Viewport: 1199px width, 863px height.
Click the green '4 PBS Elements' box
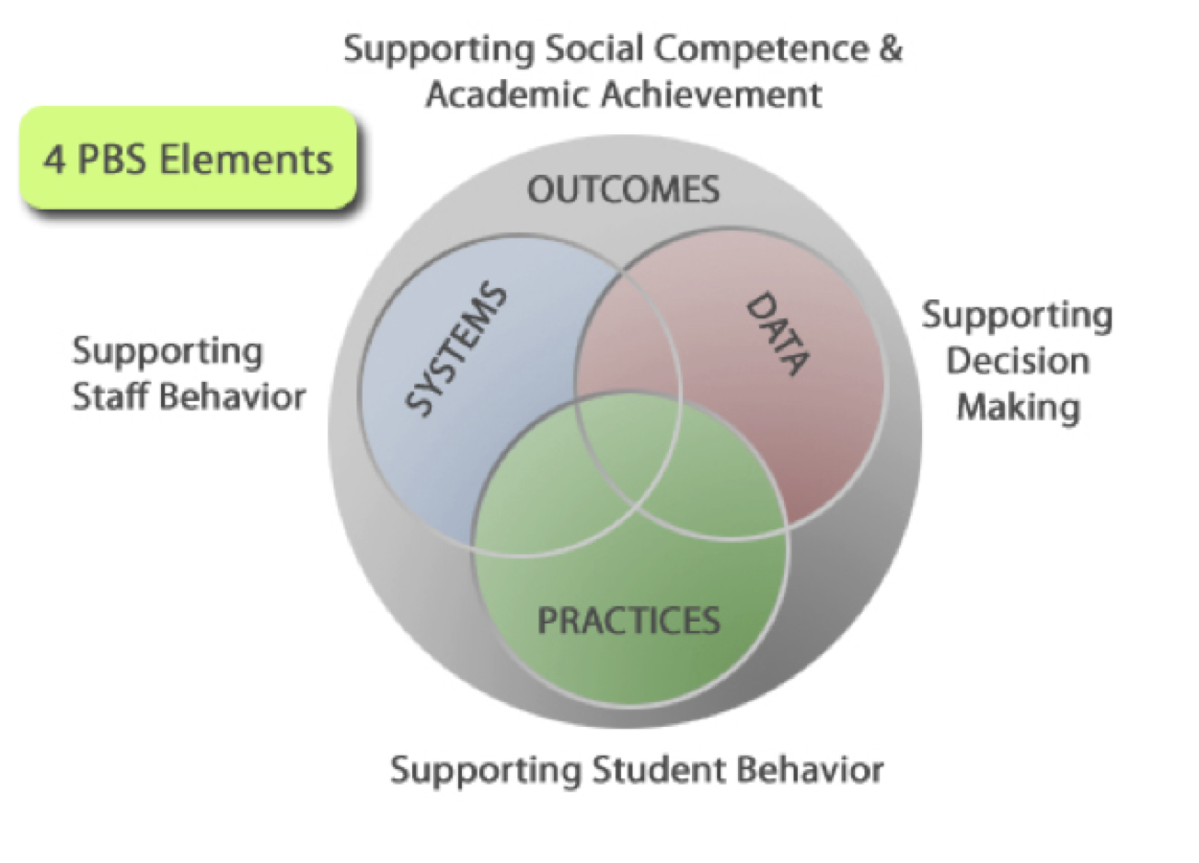[x=188, y=159]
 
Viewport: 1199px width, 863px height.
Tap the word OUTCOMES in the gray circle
[x=623, y=190]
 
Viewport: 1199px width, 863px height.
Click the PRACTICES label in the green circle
[x=628, y=620]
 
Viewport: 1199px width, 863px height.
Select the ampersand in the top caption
[x=890, y=49]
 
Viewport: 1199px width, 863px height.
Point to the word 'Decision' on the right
[x=1018, y=361]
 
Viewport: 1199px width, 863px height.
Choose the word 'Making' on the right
[x=1018, y=407]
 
